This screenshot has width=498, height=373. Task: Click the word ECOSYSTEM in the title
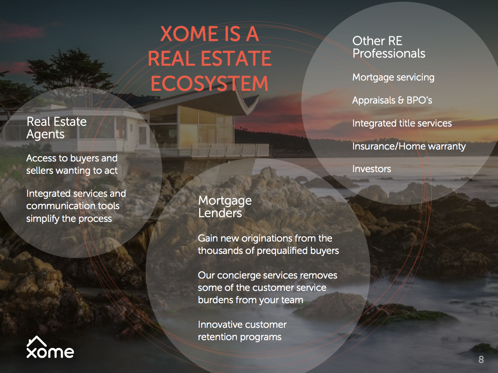(209, 83)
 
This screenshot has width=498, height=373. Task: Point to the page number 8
(481, 359)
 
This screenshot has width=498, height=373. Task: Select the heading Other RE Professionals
(389, 47)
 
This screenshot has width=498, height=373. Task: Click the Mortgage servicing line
(393, 78)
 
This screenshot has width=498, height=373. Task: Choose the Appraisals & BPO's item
(392, 100)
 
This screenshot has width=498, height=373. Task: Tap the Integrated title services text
(402, 123)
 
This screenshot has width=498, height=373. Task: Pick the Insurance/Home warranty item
(409, 146)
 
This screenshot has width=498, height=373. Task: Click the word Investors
(372, 169)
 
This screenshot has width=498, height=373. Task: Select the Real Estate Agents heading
(57, 128)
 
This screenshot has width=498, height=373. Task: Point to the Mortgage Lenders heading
(225, 207)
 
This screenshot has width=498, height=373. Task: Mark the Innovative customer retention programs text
(242, 331)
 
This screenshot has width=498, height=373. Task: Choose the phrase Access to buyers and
(72, 158)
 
